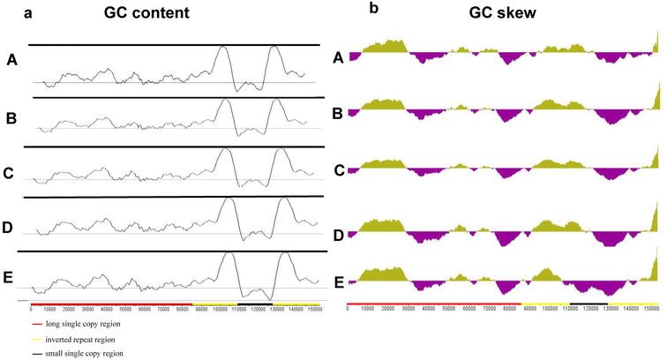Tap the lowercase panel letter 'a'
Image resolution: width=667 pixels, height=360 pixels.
tap(26, 11)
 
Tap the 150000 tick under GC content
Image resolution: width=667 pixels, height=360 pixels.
tap(311, 311)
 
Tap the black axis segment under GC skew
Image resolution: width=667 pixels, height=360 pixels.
tap(588, 303)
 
